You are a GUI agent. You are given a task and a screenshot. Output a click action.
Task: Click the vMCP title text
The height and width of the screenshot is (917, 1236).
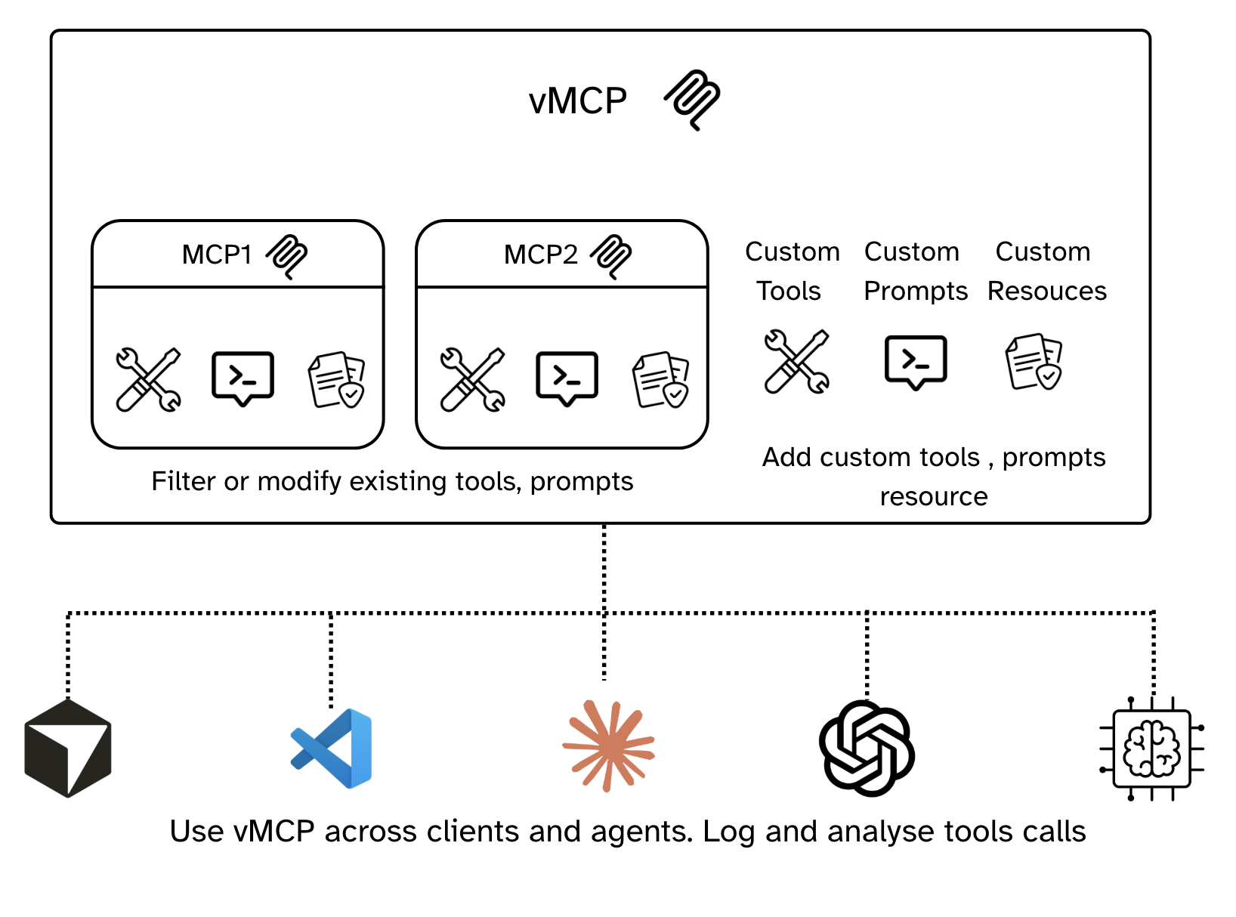pyautogui.click(x=578, y=100)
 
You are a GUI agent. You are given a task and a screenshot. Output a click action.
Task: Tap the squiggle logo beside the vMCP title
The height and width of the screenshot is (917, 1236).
pyautogui.click(x=692, y=99)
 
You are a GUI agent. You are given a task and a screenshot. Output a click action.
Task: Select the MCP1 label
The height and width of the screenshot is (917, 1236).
pyautogui.click(x=217, y=255)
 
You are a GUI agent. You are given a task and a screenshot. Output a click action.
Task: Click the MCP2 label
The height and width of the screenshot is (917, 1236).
pyautogui.click(x=540, y=255)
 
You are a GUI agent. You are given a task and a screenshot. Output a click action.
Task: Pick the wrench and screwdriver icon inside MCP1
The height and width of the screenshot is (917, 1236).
pyautogui.click(x=148, y=379)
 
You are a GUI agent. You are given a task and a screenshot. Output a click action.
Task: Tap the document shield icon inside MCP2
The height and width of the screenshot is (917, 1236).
pyautogui.click(x=660, y=379)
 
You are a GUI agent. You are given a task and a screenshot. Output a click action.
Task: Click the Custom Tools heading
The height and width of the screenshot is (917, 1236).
pyautogui.click(x=791, y=270)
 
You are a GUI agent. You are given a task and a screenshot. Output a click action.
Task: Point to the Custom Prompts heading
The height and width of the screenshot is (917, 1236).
pyautogui.click(x=915, y=270)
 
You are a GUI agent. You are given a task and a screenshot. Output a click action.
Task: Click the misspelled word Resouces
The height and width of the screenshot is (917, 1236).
pyautogui.click(x=1046, y=291)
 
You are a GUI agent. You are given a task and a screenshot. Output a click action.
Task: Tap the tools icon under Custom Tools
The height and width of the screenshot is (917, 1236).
pyautogui.click(x=796, y=361)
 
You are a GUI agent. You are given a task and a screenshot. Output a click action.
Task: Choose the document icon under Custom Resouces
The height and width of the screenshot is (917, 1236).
pyautogui.click(x=1034, y=361)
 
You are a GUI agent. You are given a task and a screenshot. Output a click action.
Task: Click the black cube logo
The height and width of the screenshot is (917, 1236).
pyautogui.click(x=68, y=748)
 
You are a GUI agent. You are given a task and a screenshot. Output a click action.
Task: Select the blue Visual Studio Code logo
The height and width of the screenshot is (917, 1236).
pyautogui.click(x=332, y=748)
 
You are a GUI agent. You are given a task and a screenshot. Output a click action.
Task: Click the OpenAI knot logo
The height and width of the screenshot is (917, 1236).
pyautogui.click(x=867, y=748)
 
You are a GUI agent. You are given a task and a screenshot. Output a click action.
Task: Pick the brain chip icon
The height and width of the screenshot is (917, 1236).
pyautogui.click(x=1151, y=749)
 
